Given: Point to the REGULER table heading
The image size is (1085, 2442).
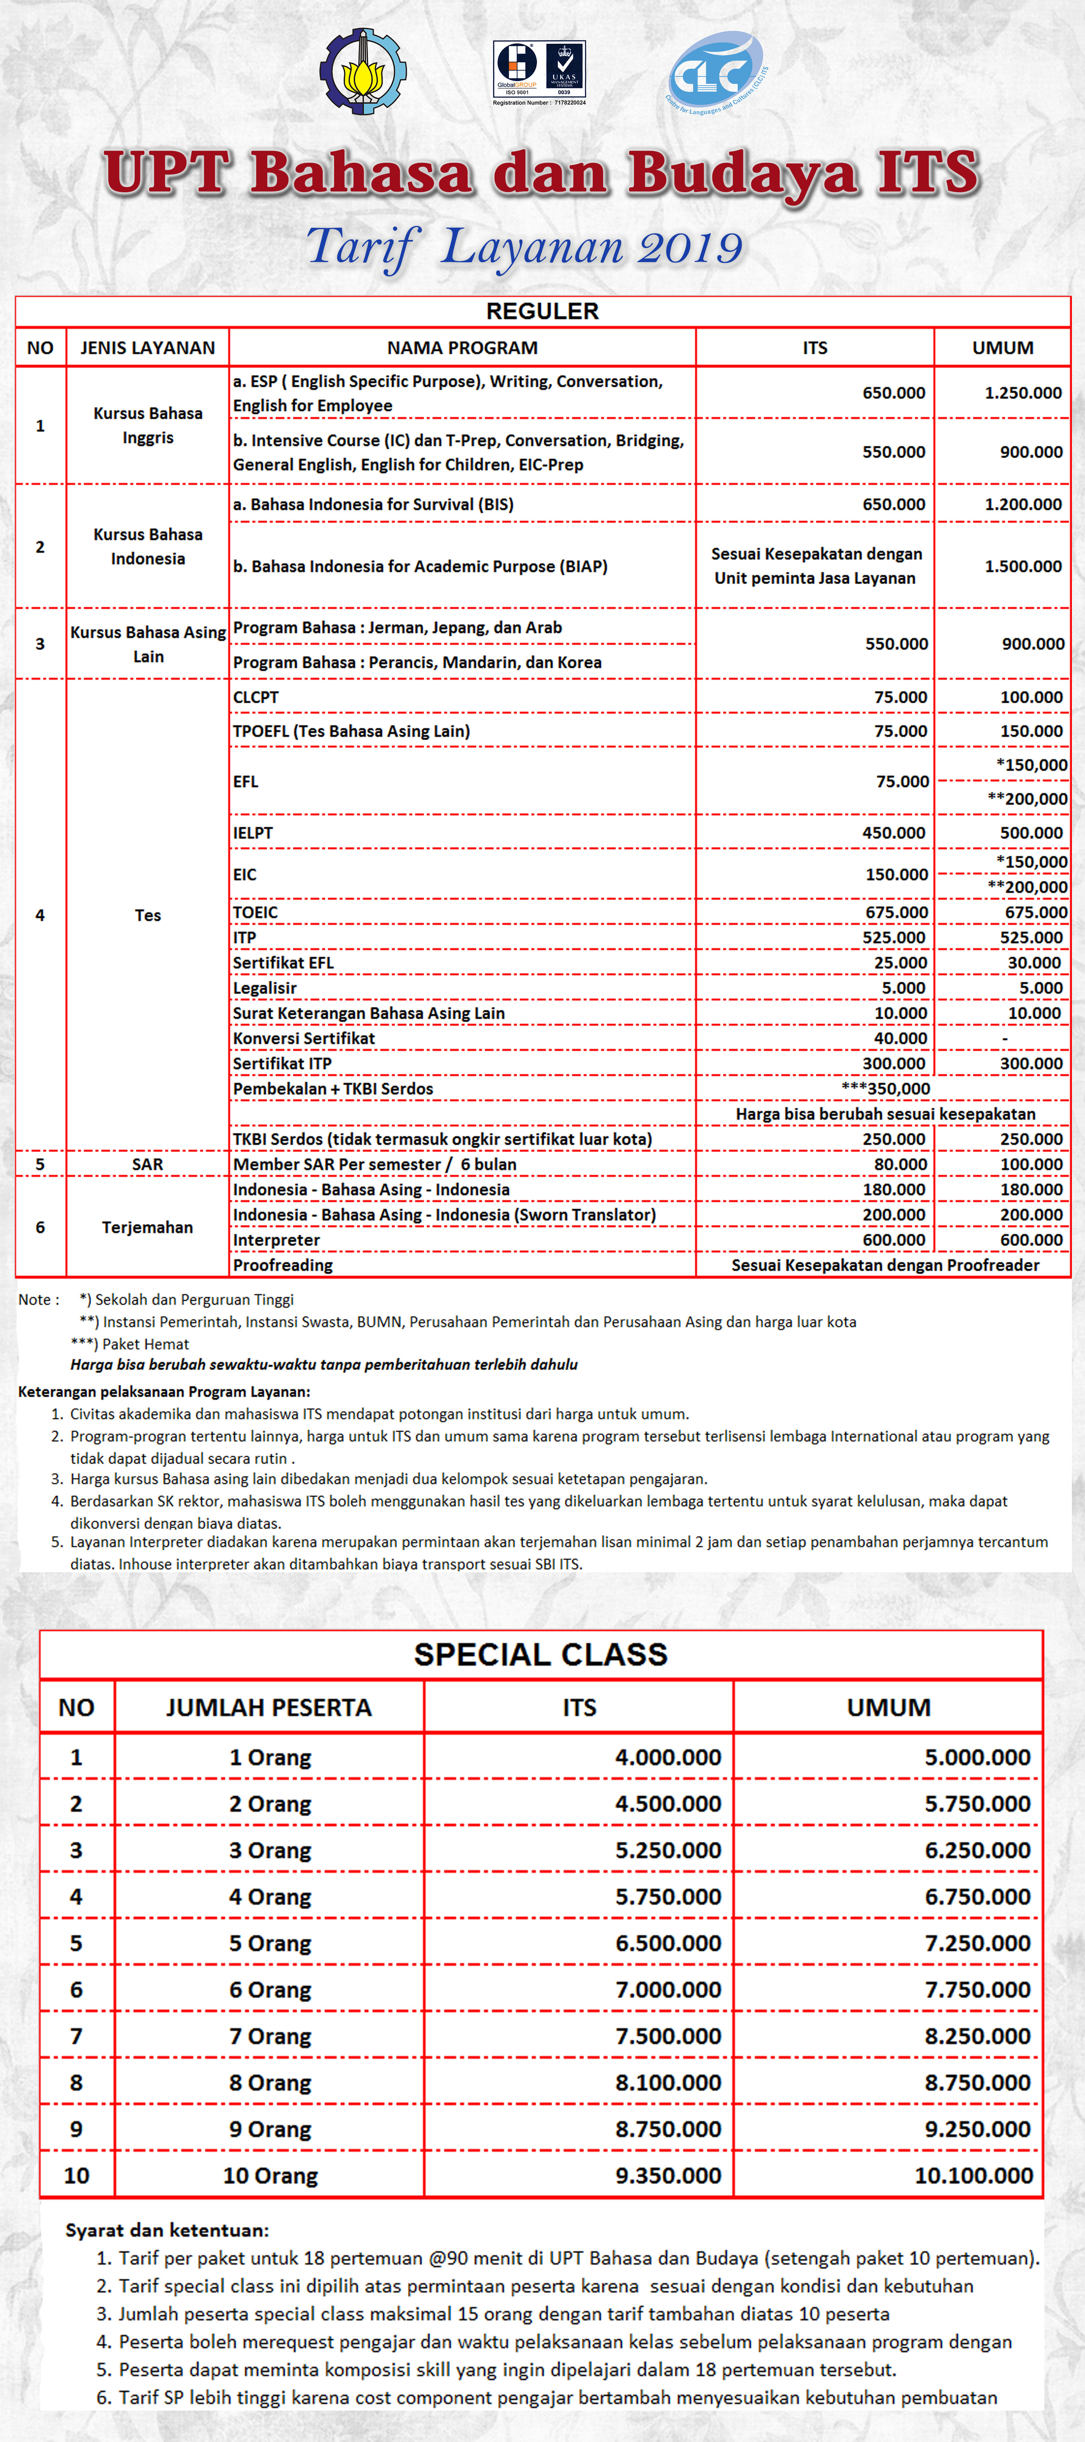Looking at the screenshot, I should (542, 311).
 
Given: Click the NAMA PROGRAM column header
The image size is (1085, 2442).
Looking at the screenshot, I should (463, 348).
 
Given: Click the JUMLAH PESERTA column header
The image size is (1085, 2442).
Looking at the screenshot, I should (269, 1707).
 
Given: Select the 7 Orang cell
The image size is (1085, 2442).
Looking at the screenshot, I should (270, 2036).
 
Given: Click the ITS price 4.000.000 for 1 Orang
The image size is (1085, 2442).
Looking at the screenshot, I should (668, 1758).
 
